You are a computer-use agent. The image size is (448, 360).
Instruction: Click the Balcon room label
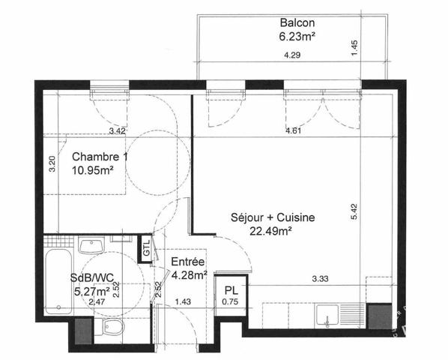pos(297,22)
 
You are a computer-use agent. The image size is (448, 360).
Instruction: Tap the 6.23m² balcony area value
pos(297,37)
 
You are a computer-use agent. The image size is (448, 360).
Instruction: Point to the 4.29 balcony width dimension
pos(292,55)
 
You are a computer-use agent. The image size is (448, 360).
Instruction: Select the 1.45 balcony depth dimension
pos(354,48)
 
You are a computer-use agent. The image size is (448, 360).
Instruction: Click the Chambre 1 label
pos(100,157)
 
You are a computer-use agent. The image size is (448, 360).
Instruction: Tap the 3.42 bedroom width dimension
pos(118,131)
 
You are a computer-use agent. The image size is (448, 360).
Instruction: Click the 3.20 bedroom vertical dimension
pos(52,163)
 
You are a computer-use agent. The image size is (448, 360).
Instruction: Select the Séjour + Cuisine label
pos(273,217)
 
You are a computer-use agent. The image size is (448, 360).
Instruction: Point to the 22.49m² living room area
pos(270,231)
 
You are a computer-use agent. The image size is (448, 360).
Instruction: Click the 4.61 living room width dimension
pos(294,131)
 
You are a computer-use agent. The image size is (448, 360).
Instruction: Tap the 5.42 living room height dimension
pos(354,211)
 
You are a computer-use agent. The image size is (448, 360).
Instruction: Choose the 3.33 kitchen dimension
pos(320,278)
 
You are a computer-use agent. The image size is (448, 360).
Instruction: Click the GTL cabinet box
pos(146,248)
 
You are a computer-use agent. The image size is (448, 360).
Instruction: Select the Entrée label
pos(188,262)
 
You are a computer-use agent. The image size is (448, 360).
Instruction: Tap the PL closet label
pos(231,291)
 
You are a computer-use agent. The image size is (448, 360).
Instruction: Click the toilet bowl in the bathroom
pos(112,326)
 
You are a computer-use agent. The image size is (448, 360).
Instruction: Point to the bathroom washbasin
pos(91,246)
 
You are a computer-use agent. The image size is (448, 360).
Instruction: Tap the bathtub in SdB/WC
pos(58,282)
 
